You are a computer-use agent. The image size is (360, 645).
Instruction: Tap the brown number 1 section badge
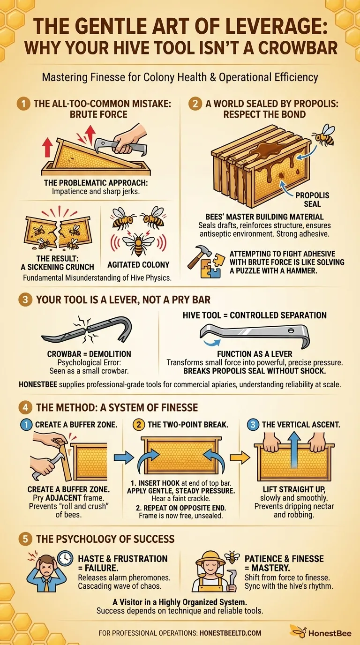coord(23,104)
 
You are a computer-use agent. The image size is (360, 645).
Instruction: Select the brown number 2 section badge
coord(195,104)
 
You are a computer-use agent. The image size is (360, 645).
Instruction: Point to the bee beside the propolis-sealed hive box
coord(324,135)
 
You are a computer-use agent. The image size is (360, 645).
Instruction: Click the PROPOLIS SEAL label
coord(312,200)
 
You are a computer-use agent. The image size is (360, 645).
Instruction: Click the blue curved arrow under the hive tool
coord(212,342)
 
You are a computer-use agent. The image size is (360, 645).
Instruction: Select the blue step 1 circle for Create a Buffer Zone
coord(27,425)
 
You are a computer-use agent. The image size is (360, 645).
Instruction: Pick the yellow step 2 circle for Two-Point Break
coord(139,425)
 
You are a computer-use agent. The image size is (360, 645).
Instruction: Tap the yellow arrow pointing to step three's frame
coord(240,457)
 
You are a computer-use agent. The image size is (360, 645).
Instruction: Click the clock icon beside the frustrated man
coord(65,558)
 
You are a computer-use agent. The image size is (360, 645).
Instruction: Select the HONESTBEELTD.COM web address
coord(231,633)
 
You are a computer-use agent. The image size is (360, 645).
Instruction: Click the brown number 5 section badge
coord(25,539)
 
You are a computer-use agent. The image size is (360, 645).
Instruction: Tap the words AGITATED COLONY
coord(138,265)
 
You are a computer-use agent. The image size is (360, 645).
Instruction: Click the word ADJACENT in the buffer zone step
coord(63,498)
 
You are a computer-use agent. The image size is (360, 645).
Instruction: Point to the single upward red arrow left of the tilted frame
coord(47,147)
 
